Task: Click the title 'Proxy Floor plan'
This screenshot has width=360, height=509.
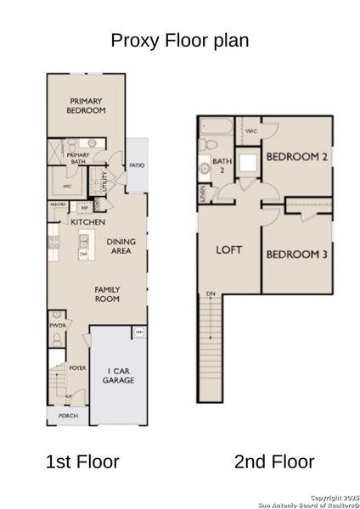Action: (180, 41)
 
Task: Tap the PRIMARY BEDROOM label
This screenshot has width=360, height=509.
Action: (87, 105)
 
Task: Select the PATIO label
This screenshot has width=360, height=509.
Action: (137, 165)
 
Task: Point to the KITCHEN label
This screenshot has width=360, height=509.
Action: (87, 222)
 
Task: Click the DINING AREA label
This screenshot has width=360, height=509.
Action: (121, 246)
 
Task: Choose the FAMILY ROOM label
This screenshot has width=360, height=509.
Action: (107, 294)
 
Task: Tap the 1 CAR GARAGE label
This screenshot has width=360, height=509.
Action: (119, 376)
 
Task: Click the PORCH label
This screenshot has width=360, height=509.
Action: (68, 417)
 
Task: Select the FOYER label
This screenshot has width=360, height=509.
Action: (78, 368)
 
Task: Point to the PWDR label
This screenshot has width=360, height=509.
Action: (58, 325)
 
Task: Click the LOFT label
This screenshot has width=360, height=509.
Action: (228, 249)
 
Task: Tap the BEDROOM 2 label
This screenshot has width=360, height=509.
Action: (297, 157)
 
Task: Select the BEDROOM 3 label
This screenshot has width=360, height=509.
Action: (297, 255)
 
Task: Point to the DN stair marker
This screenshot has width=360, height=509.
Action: (209, 294)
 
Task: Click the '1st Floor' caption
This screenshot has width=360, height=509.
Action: (82, 461)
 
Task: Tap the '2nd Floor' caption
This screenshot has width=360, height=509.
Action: (273, 461)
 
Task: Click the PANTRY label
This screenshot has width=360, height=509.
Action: (59, 205)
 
